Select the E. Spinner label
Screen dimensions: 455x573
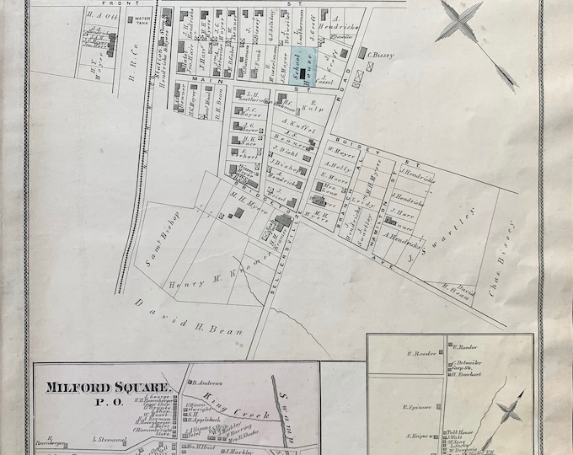pos(420,407)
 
